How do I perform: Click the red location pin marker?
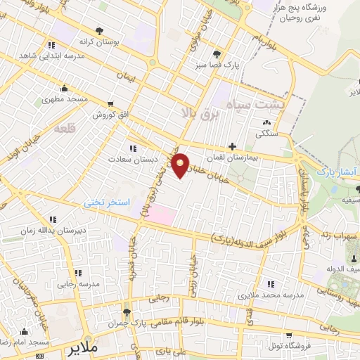click(181, 165)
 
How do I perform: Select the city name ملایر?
click(77, 348)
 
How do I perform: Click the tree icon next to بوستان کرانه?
click(98, 31)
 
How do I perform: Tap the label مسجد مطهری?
click(68, 99)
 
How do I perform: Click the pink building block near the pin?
click(161, 214)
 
